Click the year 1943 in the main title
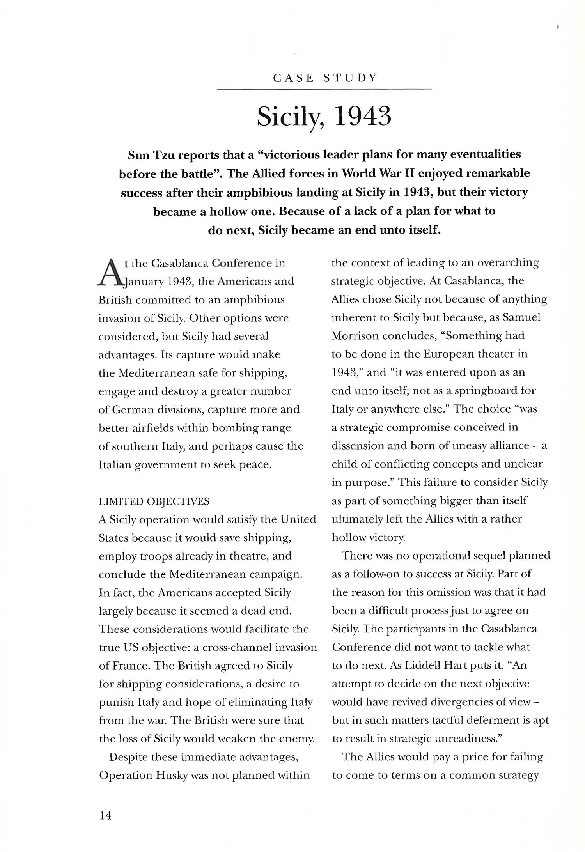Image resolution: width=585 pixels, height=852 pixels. pyautogui.click(x=363, y=116)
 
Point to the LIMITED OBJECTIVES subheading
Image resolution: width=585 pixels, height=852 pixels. pyautogui.click(x=154, y=501)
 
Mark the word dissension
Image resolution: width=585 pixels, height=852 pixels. pyautogui.click(x=358, y=446)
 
